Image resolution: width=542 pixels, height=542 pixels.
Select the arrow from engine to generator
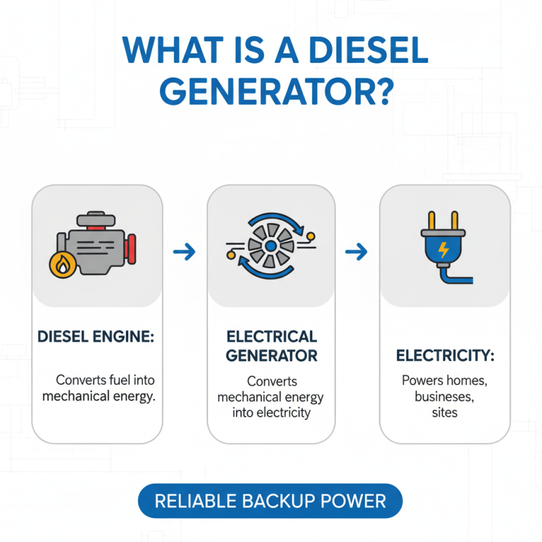tap(184, 253)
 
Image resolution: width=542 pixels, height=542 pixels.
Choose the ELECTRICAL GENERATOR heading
tap(271, 346)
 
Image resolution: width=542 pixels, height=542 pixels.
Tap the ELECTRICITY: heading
tap(444, 355)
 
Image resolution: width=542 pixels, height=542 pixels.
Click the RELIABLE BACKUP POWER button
tap(270, 501)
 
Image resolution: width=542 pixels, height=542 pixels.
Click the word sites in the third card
tap(444, 412)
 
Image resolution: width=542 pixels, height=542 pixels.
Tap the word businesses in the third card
tap(444, 396)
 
